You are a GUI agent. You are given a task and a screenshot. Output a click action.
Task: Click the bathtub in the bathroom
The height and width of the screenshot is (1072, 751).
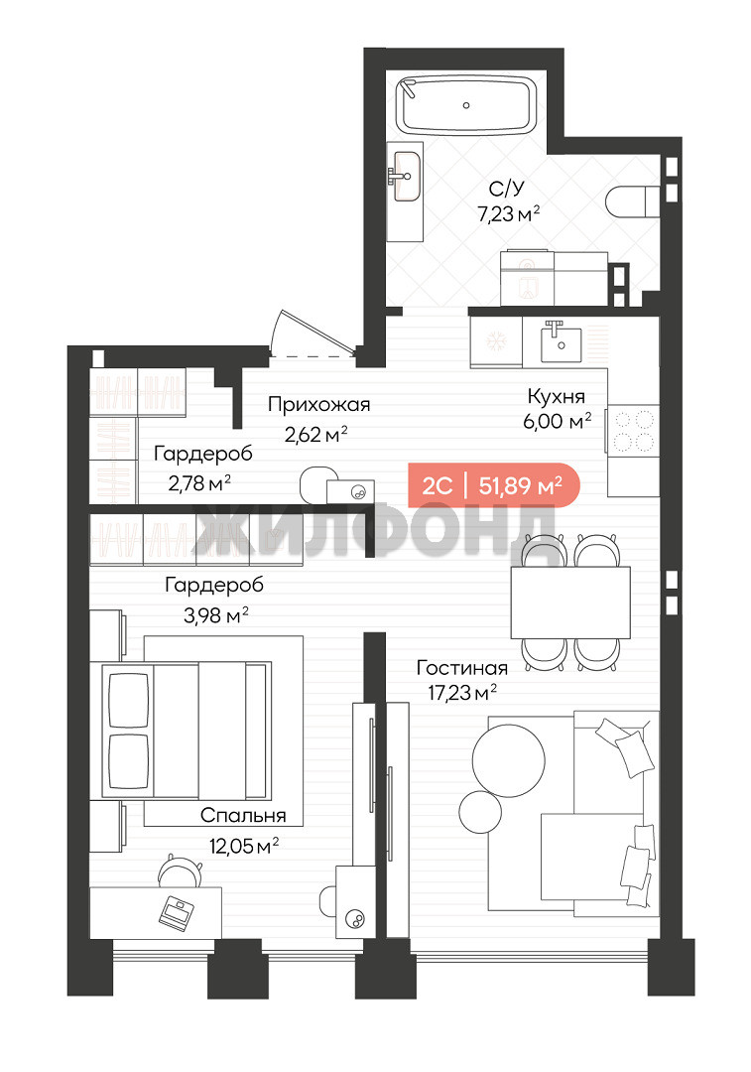tap(466, 106)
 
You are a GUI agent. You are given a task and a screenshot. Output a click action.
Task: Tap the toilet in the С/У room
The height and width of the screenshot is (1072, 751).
tap(633, 201)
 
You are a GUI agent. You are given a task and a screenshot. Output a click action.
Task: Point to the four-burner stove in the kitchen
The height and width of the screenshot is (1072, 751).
tap(633, 431)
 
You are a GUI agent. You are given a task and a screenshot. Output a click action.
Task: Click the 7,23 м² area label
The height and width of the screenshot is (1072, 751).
tap(509, 214)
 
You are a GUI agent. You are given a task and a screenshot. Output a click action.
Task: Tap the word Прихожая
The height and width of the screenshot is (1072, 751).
tap(319, 405)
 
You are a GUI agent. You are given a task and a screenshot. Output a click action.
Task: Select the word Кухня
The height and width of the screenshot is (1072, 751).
tap(557, 396)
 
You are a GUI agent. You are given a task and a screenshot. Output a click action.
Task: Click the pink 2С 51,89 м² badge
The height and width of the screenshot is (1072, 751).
tap(493, 485)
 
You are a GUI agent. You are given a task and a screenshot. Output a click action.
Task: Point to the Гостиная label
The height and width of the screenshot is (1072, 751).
tap(462, 667)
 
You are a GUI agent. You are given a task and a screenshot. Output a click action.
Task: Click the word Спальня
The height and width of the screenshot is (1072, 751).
tap(243, 815)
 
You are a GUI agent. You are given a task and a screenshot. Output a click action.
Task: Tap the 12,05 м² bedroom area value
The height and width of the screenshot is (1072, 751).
tap(244, 847)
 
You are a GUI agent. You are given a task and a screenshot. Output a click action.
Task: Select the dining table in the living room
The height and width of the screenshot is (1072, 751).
tap(570, 602)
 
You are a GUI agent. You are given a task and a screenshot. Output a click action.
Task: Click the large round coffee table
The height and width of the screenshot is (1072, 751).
tap(508, 759)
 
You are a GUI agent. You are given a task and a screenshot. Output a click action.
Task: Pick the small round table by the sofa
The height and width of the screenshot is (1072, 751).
tap(480, 812)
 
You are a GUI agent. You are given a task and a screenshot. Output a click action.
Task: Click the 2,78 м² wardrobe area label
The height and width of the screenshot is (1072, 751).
tap(198, 483)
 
